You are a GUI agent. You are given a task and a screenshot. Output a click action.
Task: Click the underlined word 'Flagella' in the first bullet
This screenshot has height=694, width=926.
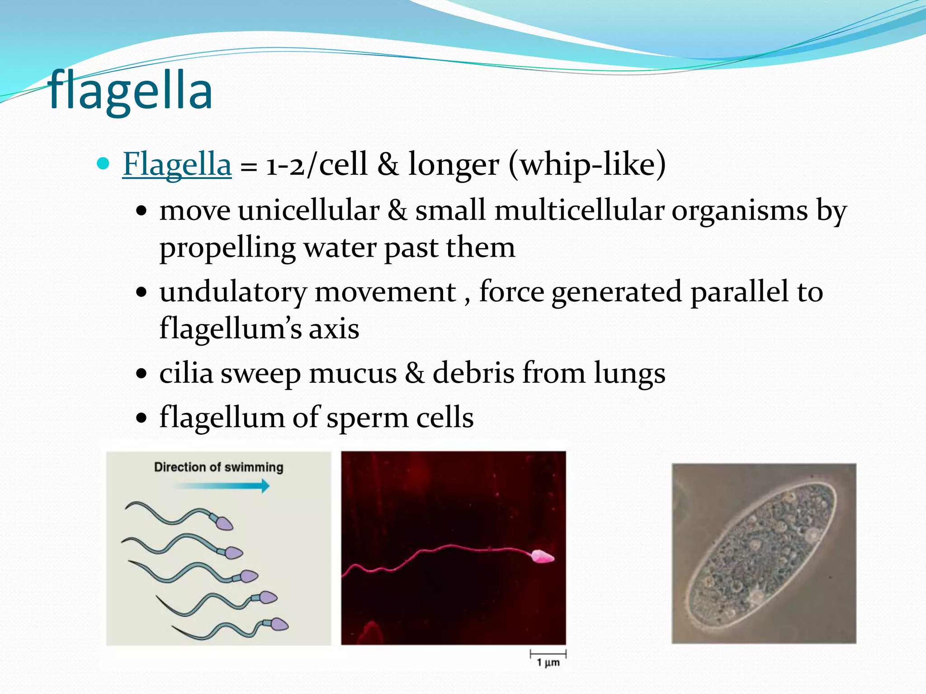pos(177,164)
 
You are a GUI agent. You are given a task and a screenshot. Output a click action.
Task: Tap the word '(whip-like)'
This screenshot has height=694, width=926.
pos(587,164)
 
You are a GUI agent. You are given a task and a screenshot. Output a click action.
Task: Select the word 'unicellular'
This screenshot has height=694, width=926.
pos(309,211)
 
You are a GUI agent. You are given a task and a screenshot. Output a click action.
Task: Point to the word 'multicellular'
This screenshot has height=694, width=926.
pos(579,211)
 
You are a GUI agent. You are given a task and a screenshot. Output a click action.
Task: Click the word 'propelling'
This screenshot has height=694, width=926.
pos(227,249)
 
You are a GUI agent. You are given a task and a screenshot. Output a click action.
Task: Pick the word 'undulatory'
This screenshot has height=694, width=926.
pos(233,292)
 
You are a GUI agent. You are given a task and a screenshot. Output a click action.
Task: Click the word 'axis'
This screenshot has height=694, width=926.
pos(334,328)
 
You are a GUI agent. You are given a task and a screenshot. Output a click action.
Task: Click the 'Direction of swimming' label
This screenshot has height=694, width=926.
pos(219,467)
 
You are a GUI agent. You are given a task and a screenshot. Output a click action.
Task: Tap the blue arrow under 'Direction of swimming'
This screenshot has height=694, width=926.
pos(222,486)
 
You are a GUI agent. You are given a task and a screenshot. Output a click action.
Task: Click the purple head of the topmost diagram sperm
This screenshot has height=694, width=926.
pos(224,523)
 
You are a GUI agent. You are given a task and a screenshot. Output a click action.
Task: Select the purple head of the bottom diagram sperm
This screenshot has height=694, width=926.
pos(279,624)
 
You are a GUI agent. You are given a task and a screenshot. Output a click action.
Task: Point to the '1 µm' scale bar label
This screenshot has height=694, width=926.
pos(548,662)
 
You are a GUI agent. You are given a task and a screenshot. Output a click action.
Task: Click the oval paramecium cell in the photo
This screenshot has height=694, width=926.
pos(763,553)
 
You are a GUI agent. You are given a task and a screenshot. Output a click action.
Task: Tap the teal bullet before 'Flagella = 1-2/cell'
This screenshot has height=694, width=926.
pos(104,163)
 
